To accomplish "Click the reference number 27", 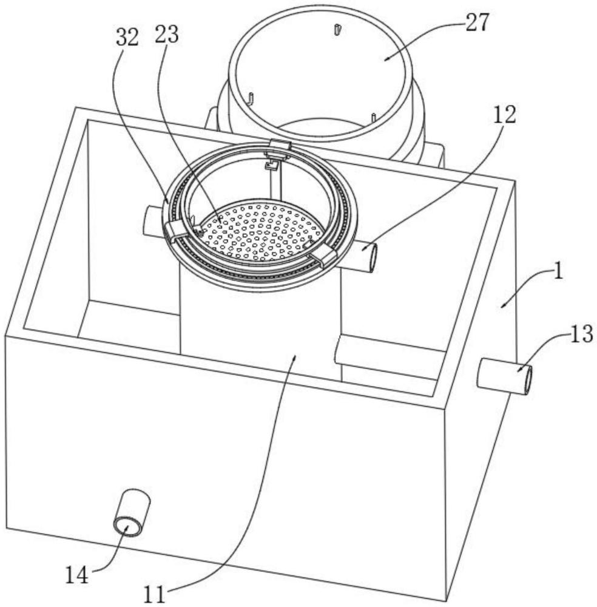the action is pyautogui.click(x=477, y=22).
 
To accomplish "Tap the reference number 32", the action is pyautogui.click(x=127, y=37).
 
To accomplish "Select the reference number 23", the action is pyautogui.click(x=167, y=35).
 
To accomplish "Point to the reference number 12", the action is pyautogui.click(x=504, y=115).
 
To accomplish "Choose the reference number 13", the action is pyautogui.click(x=581, y=334).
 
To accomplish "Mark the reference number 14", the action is pyautogui.click(x=76, y=574).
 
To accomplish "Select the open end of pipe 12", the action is pyautogui.click(x=372, y=257).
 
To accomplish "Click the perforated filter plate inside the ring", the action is pyautogui.click(x=263, y=230).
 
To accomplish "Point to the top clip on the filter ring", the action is pyautogui.click(x=280, y=146).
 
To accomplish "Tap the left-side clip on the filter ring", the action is pyautogui.click(x=176, y=232).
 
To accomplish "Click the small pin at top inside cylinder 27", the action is pyautogui.click(x=337, y=29).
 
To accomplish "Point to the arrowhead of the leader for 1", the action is pyautogui.click(x=504, y=305).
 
